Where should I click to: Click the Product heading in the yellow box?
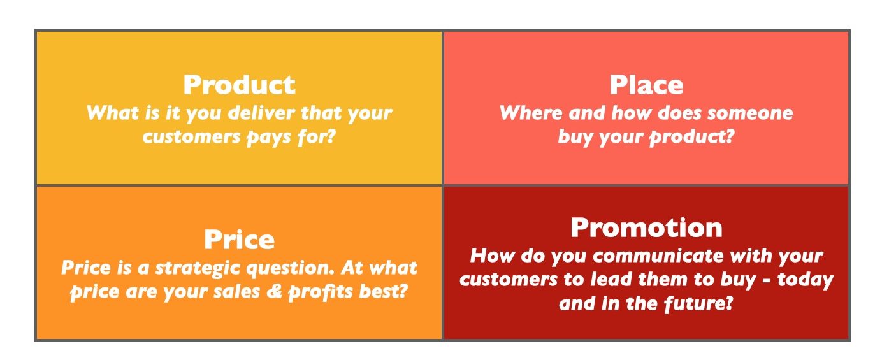[240, 85]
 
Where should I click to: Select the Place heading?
[646, 85]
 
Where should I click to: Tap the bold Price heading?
[240, 240]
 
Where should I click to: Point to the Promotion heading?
[646, 227]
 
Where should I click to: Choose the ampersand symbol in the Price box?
[274, 291]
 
